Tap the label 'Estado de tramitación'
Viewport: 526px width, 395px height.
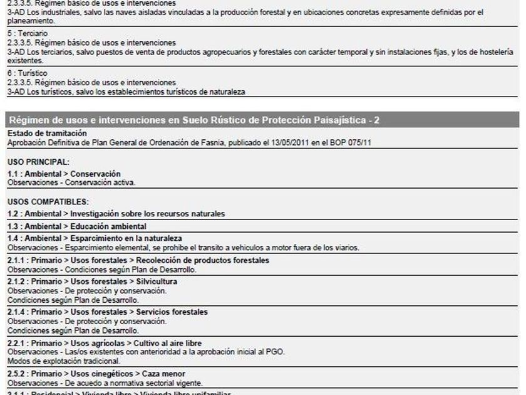click(47, 134)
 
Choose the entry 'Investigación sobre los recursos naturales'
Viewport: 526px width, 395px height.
click(147, 214)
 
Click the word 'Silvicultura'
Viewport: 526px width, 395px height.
click(157, 282)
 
